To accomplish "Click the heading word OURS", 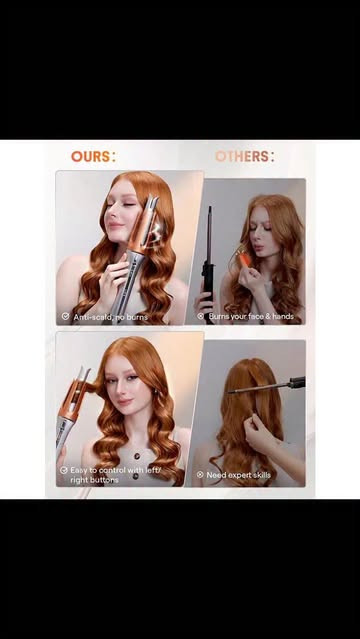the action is pyautogui.click(x=91, y=156).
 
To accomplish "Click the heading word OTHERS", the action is pyautogui.click(x=241, y=156).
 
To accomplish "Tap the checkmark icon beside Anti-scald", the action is pyautogui.click(x=65, y=316).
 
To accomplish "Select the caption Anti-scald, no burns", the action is pyautogui.click(x=110, y=317).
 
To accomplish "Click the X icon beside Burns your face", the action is pyautogui.click(x=200, y=316).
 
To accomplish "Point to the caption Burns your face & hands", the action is pyautogui.click(x=251, y=316).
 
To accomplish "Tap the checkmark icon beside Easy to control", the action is pyautogui.click(x=64, y=470).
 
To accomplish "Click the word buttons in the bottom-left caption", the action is pyautogui.click(x=102, y=480).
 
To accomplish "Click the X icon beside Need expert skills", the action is pyautogui.click(x=200, y=475).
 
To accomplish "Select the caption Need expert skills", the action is pyautogui.click(x=239, y=475).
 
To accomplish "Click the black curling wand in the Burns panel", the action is pyautogui.click(x=209, y=261).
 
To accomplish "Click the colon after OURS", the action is pyautogui.click(x=113, y=156).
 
